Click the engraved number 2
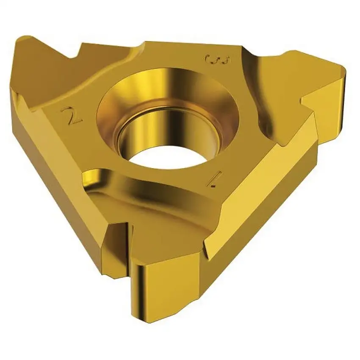pos(71,115)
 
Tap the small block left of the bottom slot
pos(110,241)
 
